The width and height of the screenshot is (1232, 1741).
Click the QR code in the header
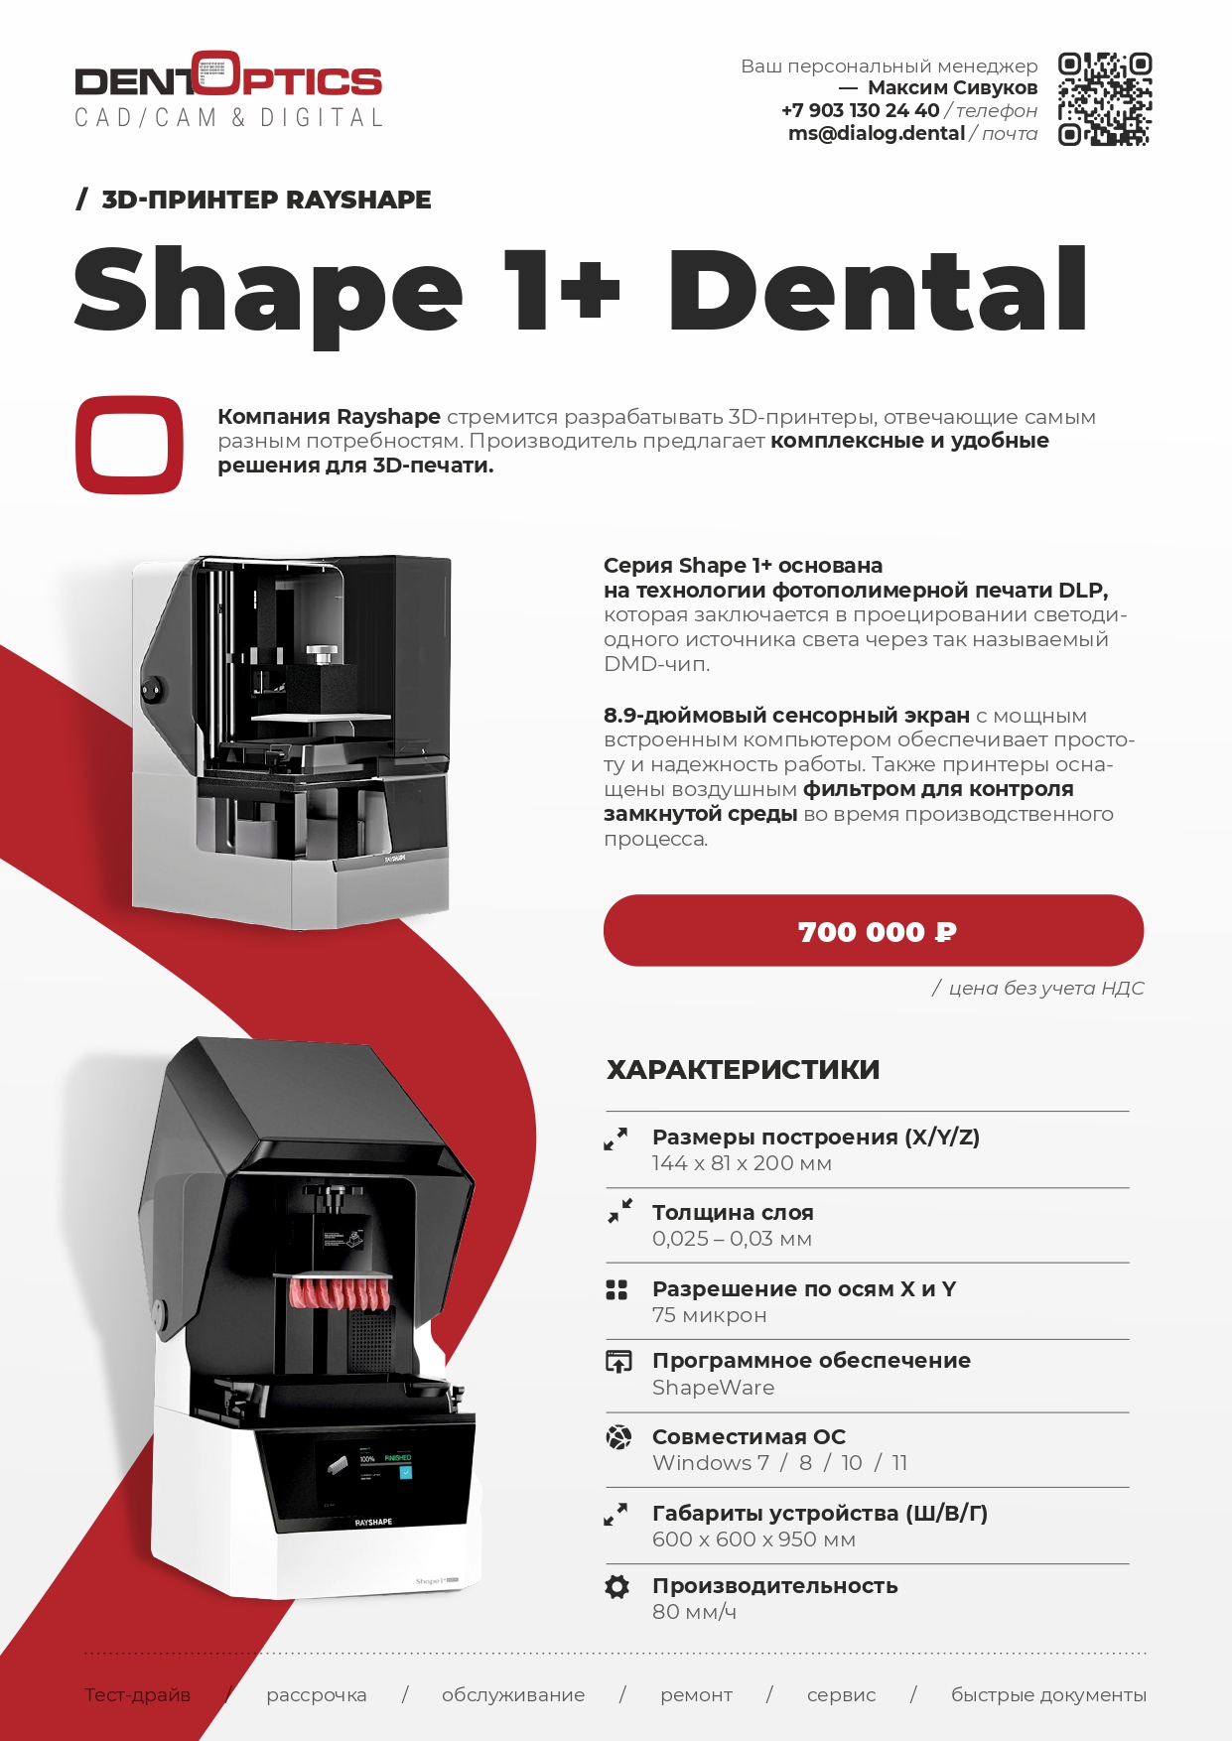pos(1104,99)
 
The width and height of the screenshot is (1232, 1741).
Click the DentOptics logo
pos(228,89)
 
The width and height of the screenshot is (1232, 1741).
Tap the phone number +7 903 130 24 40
pos(860,110)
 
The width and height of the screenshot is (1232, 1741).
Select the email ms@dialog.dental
pos(877,133)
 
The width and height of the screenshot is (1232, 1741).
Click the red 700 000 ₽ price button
pos(874,930)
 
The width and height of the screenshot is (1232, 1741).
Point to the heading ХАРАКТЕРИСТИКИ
pos(744,1069)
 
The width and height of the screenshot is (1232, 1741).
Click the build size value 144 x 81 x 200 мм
pos(742,1163)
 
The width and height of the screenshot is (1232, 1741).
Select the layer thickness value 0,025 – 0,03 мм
pos(732,1239)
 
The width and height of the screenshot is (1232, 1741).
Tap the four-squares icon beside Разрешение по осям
pos(616,1289)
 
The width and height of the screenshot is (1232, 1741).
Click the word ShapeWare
pos(713,1388)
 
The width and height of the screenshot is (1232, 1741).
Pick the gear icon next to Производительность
pos(616,1586)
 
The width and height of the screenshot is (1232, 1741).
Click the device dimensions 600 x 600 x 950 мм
pos(753,1540)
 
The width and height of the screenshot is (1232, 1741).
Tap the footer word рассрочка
pos(317,1695)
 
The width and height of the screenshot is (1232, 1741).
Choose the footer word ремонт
pos(696,1695)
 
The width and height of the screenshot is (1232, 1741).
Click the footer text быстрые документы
pos(1048,1695)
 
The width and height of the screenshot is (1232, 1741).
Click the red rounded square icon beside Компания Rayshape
pos(129,445)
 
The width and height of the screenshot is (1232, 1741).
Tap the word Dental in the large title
pos(879,290)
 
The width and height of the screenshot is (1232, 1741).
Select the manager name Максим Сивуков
pos(952,87)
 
